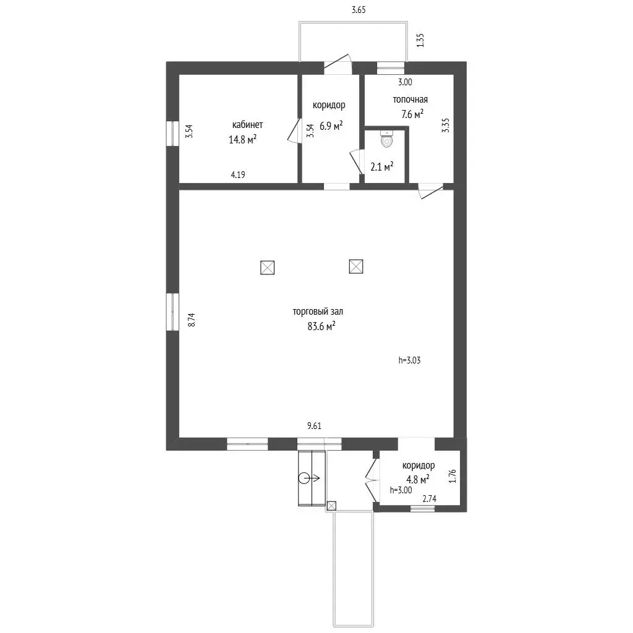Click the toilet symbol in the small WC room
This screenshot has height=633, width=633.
pos(387,138)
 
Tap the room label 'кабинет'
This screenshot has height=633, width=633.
pos(247,125)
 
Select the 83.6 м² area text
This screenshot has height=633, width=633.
pos(321,326)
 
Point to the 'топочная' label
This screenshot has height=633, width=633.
pos(410,100)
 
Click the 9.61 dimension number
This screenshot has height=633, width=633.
pos(315,426)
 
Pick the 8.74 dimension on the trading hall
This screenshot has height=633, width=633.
pos(192,320)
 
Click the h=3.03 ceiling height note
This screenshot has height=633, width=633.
pos(409,360)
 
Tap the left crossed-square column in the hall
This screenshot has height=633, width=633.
pos(267,268)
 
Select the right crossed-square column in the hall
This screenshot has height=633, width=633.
pos(356,266)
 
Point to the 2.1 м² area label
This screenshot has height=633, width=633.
pos(382,166)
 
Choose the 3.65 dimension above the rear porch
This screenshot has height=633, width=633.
pos(359,10)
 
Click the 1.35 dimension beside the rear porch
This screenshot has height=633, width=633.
pos(420,40)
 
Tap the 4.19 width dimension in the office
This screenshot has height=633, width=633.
pos(238,175)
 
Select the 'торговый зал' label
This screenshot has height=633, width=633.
pos(318,312)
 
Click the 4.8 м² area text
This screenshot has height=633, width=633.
pos(417,480)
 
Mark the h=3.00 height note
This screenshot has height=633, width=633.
pos(401,490)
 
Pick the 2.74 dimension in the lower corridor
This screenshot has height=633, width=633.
pos(429,499)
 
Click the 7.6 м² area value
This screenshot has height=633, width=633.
pos(412,114)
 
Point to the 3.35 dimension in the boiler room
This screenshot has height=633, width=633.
pos(445,125)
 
